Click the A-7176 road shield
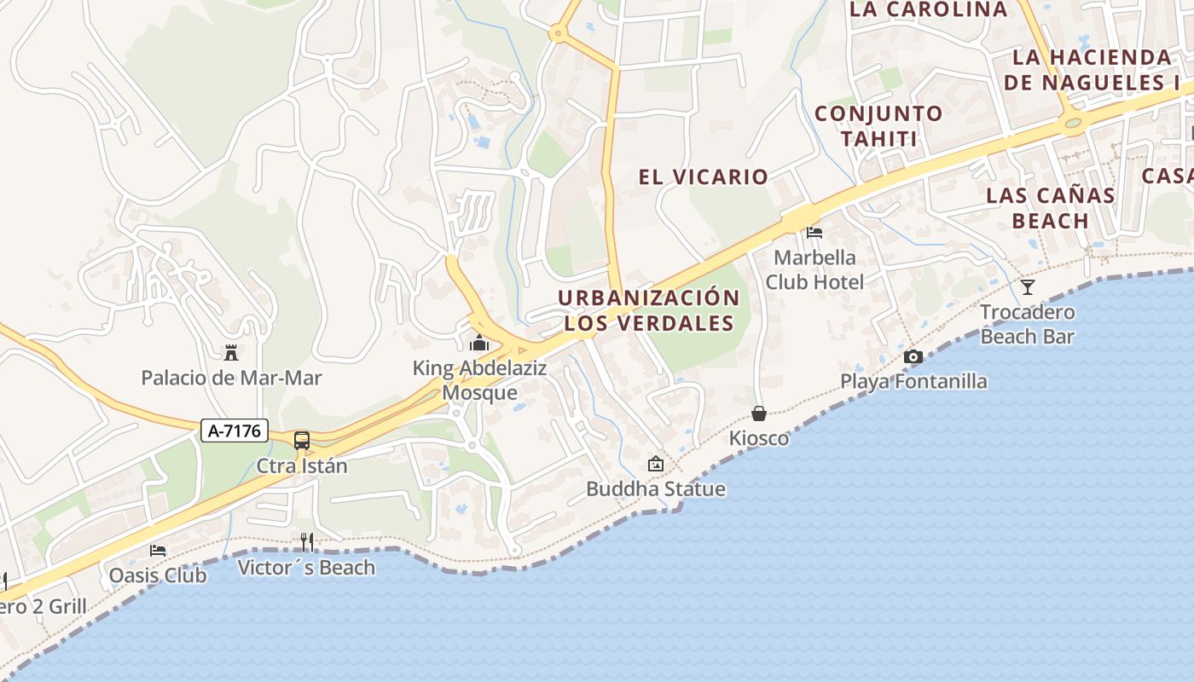(x=235, y=431)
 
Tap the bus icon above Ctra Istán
(x=302, y=441)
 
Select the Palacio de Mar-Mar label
(x=231, y=378)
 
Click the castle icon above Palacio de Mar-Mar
(x=230, y=352)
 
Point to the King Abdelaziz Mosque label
(x=479, y=380)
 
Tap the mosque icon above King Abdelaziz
(x=479, y=344)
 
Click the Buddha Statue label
(x=655, y=489)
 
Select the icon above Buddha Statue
(x=655, y=464)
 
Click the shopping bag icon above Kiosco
(x=759, y=413)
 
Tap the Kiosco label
(x=759, y=438)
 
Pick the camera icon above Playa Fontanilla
(x=913, y=356)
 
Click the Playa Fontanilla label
(x=913, y=381)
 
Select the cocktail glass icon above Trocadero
(x=1028, y=286)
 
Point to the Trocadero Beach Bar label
(x=1027, y=324)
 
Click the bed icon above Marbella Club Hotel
(x=814, y=232)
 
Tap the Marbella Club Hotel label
(x=814, y=269)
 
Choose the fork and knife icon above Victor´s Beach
(x=307, y=541)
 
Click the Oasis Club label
(x=158, y=575)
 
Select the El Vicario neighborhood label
(x=704, y=177)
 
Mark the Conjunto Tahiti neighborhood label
(x=878, y=126)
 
